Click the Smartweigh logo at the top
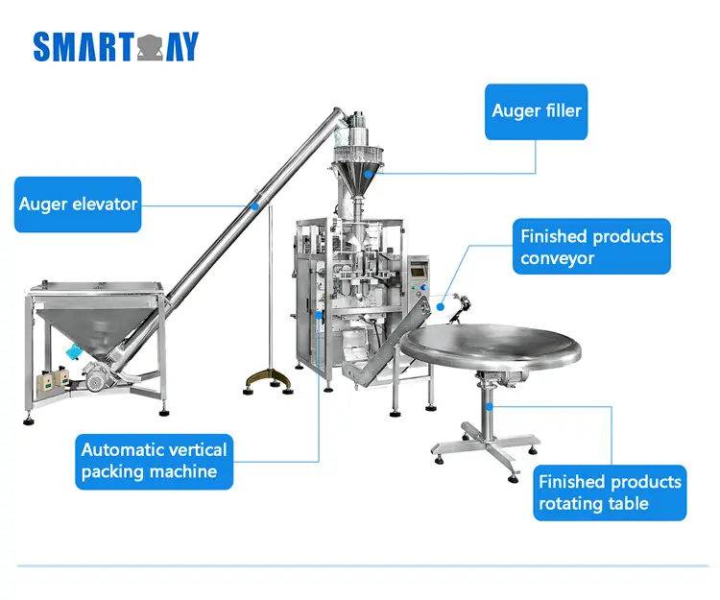coord(116,46)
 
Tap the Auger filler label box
coord(537,110)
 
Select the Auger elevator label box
coord(78,204)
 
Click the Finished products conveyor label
coord(591,247)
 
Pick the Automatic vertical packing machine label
coord(154,460)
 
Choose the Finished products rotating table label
coord(610,492)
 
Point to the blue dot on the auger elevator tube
coord(253,204)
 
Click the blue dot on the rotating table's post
coord(490,406)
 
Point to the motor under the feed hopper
coord(97,380)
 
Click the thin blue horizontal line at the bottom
coord(359,566)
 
